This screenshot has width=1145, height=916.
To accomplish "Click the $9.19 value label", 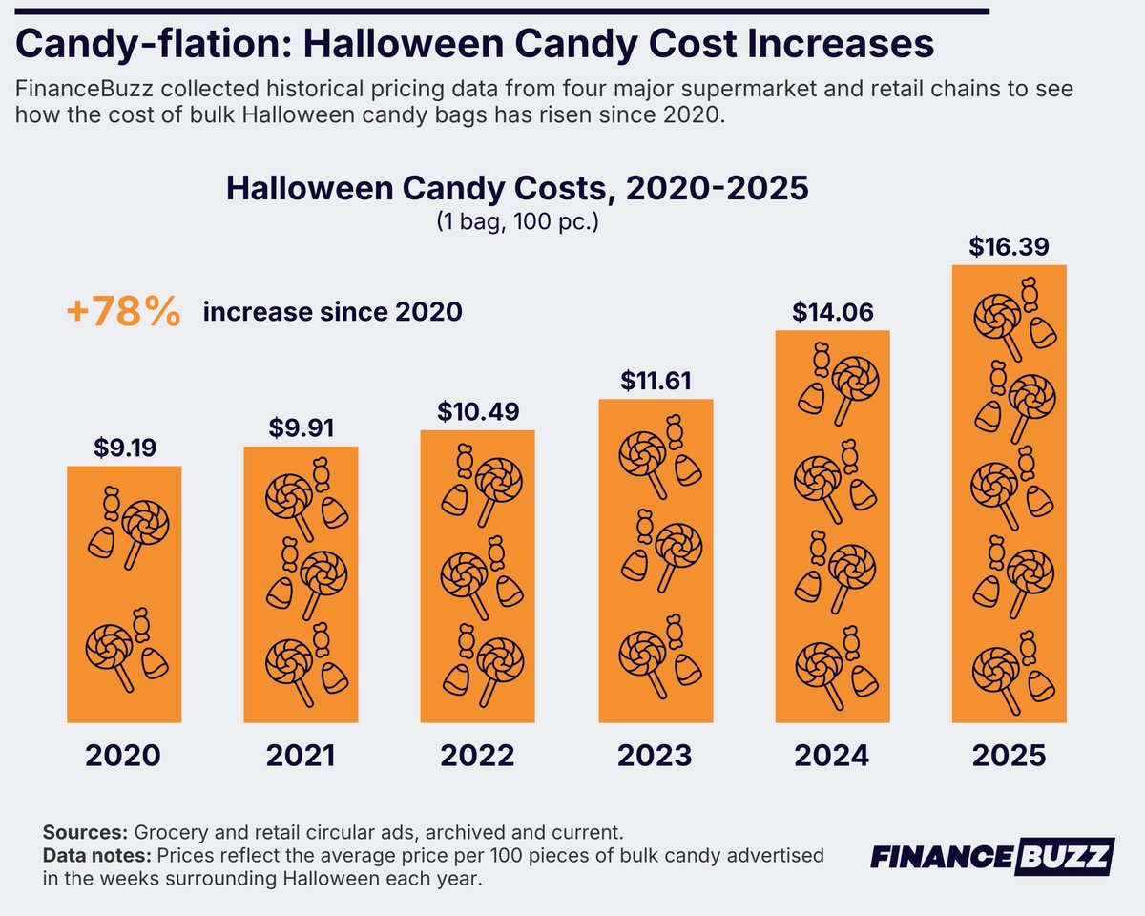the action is pos(125,448).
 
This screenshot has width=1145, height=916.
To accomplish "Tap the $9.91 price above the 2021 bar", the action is pos(302,427).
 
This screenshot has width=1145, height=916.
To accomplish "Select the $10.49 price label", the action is pos(478,411).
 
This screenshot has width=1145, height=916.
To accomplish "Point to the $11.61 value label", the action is pos(656,381).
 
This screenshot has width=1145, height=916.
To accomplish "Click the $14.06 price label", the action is pos(833,312).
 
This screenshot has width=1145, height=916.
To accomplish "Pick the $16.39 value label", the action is pos(1009,246).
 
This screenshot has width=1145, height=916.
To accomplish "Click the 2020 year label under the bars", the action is pos(123,756).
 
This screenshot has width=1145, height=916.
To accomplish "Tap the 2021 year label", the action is pos(302,756).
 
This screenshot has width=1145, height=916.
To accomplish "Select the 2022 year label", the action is pos(477,756).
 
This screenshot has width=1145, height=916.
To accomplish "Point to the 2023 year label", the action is pos(655,756).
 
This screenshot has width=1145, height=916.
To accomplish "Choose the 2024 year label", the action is pos(832,756).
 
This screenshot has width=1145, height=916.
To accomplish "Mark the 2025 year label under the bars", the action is pos(1009,756).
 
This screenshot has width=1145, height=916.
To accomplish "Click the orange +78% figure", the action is pos(123,311).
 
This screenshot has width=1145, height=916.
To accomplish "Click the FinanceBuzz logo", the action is pos(992,857).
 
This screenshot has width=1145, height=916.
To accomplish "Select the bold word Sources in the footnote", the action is pos(85,832).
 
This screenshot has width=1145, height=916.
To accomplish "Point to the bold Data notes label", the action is pos(97,855).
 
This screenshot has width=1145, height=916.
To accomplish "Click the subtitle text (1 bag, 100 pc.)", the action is pos(518,221).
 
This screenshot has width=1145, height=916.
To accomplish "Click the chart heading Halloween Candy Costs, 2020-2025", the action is pos(517,188).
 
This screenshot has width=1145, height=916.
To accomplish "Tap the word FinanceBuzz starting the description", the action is pos(84,89).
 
